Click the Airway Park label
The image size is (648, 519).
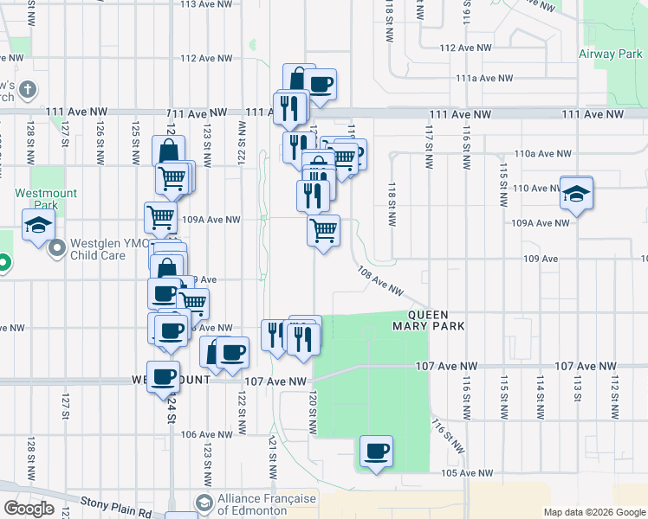click(x=610, y=54)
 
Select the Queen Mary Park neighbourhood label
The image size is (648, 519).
click(x=429, y=321)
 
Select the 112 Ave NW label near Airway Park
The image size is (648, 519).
click(x=465, y=48)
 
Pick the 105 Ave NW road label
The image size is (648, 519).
click(x=467, y=473)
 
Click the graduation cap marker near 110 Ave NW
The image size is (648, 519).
click(x=576, y=194)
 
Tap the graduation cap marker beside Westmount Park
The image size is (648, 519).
click(x=38, y=227)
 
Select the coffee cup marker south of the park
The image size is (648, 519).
click(x=376, y=452)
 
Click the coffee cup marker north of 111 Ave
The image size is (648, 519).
click(x=321, y=84)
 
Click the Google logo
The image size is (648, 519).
click(x=29, y=509)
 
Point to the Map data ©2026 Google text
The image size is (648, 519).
click(x=593, y=512)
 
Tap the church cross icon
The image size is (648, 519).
click(x=28, y=90)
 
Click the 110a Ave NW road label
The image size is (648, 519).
click(x=541, y=153)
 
